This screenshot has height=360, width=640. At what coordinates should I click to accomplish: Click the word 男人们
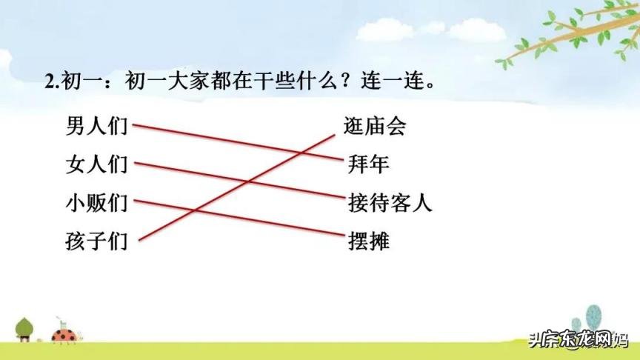pyautogui.click(x=96, y=126)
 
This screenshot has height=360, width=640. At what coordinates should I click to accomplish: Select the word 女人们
pyautogui.click(x=96, y=164)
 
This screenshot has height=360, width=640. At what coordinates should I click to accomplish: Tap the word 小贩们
pyautogui.click(x=96, y=203)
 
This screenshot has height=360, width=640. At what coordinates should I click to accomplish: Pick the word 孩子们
pyautogui.click(x=96, y=241)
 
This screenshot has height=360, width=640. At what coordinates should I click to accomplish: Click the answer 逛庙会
pyautogui.click(x=375, y=127)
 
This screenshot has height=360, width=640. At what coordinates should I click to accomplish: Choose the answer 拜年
pyautogui.click(x=368, y=164)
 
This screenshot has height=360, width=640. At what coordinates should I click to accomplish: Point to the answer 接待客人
pyautogui.click(x=390, y=203)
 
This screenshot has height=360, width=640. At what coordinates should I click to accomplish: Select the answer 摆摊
pyautogui.click(x=368, y=241)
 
